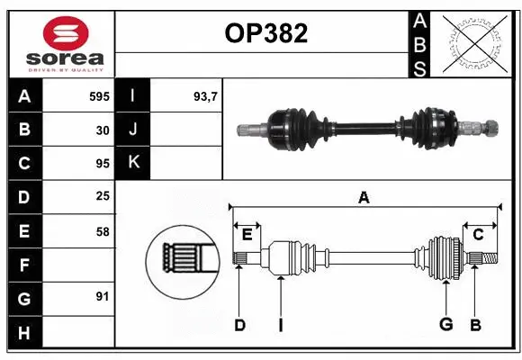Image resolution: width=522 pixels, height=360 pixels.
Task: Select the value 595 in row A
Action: point(99,95)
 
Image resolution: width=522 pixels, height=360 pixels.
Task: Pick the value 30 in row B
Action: point(103,130)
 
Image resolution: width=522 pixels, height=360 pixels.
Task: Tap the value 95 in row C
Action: point(103,164)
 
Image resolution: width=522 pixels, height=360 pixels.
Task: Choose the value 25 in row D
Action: point(103,197)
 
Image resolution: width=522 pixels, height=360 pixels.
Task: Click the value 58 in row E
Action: point(103,231)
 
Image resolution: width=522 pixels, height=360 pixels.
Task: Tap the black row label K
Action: point(133,163)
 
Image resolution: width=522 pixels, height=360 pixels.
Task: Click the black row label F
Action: point(23,265)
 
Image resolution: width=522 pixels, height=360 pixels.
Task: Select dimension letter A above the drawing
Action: point(364,197)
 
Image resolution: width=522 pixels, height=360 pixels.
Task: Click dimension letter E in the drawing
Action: point(247,235)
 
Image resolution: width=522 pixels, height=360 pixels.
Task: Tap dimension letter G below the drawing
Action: point(445,325)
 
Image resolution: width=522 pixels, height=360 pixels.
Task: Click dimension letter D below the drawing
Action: point(239,325)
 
